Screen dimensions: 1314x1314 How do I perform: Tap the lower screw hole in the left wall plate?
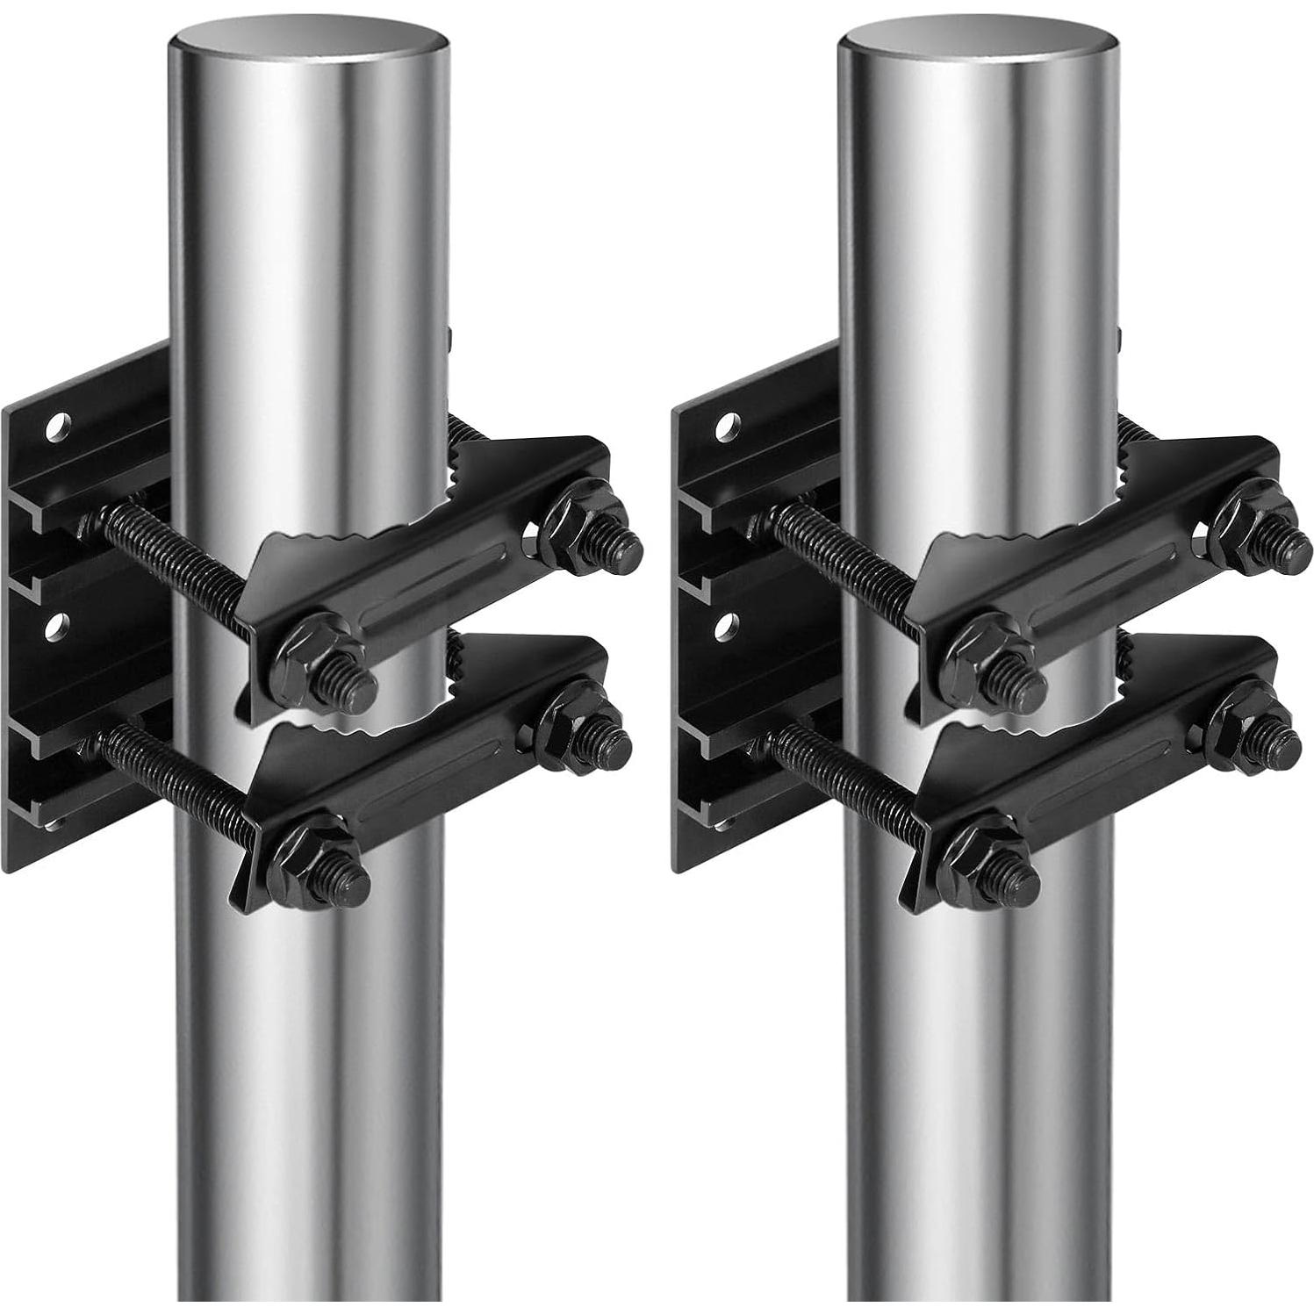click(58, 626)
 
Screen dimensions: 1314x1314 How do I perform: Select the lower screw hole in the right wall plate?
click(726, 625)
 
